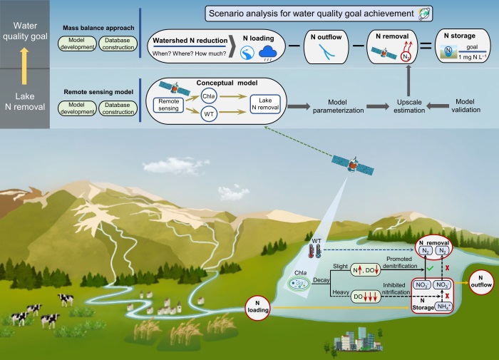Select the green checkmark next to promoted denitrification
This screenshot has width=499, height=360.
[x=430, y=269]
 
